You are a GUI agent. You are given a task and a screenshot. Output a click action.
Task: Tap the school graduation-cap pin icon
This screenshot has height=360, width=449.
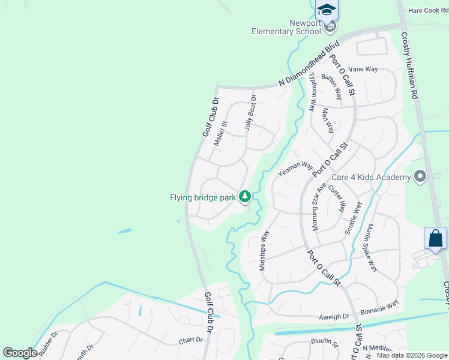[327, 10]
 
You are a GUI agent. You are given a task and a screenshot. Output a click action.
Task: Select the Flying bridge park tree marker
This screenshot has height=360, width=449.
[245, 196]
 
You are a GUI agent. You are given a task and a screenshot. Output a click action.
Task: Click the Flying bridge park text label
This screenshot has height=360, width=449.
[202, 197]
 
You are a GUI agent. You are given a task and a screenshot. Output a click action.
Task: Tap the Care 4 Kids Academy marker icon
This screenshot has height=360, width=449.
[420, 176]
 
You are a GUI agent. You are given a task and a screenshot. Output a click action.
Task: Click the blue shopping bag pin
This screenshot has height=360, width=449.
[435, 238]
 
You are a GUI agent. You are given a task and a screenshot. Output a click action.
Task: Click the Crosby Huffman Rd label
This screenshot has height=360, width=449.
[409, 65]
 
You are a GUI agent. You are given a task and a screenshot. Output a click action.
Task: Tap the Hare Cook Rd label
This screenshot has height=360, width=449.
[429, 11]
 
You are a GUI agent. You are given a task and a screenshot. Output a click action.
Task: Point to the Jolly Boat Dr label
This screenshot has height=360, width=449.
[250, 113]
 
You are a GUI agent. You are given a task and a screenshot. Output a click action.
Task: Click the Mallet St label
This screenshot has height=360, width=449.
[221, 134]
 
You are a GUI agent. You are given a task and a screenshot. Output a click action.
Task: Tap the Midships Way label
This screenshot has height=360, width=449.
[264, 250]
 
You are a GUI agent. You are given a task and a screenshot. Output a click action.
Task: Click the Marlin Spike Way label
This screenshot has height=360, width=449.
[372, 248]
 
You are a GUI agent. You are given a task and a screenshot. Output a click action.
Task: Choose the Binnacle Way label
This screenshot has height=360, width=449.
[379, 308]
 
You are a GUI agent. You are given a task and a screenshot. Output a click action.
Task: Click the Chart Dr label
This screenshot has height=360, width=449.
[191, 340]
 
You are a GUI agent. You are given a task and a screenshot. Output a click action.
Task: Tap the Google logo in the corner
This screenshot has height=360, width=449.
[20, 353]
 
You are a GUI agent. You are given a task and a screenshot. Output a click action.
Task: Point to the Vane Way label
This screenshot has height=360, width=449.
[363, 69]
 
